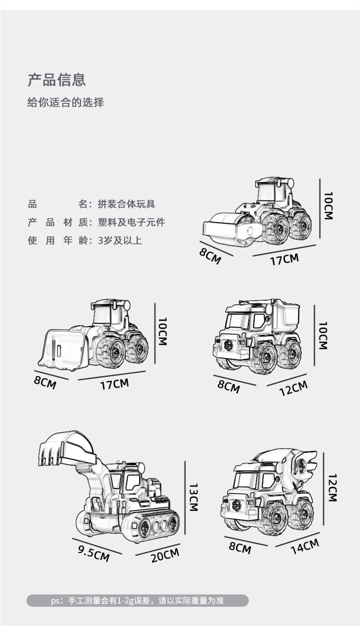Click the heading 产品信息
(x=57, y=80)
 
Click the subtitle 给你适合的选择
(x=66, y=103)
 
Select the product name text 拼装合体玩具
(x=126, y=204)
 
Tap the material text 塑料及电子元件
(x=131, y=222)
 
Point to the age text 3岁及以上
(x=120, y=240)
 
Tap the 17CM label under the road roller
(x=284, y=259)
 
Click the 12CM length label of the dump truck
(x=293, y=388)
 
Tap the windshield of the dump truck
(x=238, y=321)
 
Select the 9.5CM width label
(x=93, y=553)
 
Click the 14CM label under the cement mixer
(x=305, y=546)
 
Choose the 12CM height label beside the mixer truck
(x=332, y=487)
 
